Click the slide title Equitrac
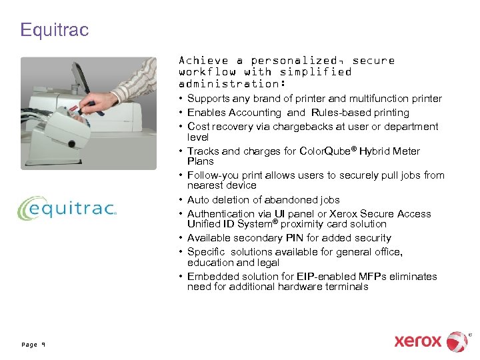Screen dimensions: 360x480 (54, 30)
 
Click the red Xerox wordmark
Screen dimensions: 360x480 (417, 341)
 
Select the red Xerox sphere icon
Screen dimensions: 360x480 (457, 341)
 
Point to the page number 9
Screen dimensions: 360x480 (33, 345)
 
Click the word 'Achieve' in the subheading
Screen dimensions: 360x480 (203, 60)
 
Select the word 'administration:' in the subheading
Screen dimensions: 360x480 (233, 84)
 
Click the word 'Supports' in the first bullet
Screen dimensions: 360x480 (208, 99)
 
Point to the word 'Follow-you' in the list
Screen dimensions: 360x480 (211, 175)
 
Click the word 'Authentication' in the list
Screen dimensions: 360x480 (218, 214)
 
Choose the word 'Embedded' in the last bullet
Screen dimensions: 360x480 (209, 277)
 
